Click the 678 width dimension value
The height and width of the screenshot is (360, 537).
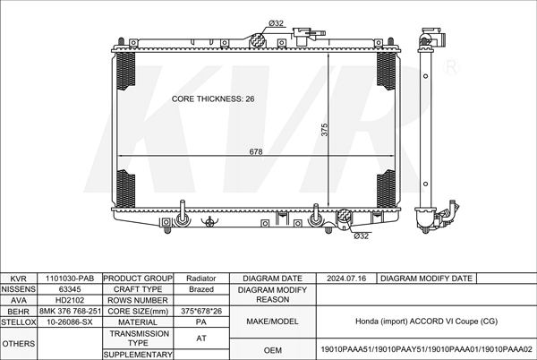pos(256,152)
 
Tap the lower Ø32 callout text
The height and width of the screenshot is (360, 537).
pos(361,236)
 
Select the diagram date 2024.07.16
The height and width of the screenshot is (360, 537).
pos(347,279)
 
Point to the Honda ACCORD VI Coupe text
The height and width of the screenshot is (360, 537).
pos(426,321)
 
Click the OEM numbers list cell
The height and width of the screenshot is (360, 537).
pos(426,349)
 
